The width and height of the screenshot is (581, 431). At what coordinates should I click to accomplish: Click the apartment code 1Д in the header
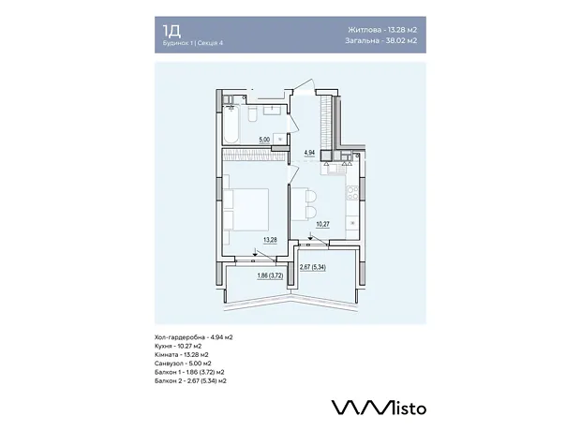tap(171, 31)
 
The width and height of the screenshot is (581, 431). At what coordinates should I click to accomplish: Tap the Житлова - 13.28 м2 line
tap(382, 30)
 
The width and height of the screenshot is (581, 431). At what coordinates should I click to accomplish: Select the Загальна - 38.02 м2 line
tap(380, 40)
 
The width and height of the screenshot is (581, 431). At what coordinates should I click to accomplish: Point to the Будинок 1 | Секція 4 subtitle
tap(193, 43)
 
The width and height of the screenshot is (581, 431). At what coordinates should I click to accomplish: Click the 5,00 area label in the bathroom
tap(264, 140)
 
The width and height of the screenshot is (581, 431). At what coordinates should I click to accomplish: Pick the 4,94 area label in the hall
tap(309, 153)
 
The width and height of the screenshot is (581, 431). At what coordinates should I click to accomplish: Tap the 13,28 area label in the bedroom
tap(270, 240)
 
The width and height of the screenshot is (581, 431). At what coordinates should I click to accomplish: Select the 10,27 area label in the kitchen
tap(322, 224)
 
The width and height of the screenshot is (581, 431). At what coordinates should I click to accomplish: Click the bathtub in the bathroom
tap(231, 125)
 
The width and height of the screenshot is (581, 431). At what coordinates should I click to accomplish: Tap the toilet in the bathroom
tap(252, 114)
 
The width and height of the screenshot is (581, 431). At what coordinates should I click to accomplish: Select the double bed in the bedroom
tap(246, 210)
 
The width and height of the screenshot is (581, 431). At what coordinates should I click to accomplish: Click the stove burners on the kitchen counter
tap(352, 193)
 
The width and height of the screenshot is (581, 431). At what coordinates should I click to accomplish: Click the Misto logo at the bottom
tap(379, 408)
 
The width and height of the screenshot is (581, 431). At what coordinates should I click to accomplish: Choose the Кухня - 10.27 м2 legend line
tap(178, 346)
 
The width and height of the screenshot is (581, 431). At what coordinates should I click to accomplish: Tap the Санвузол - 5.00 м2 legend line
tap(183, 364)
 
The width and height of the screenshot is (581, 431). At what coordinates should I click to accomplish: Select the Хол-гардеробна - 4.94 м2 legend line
tap(193, 337)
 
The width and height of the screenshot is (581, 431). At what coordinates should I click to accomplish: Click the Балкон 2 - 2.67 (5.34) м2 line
tap(190, 381)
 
